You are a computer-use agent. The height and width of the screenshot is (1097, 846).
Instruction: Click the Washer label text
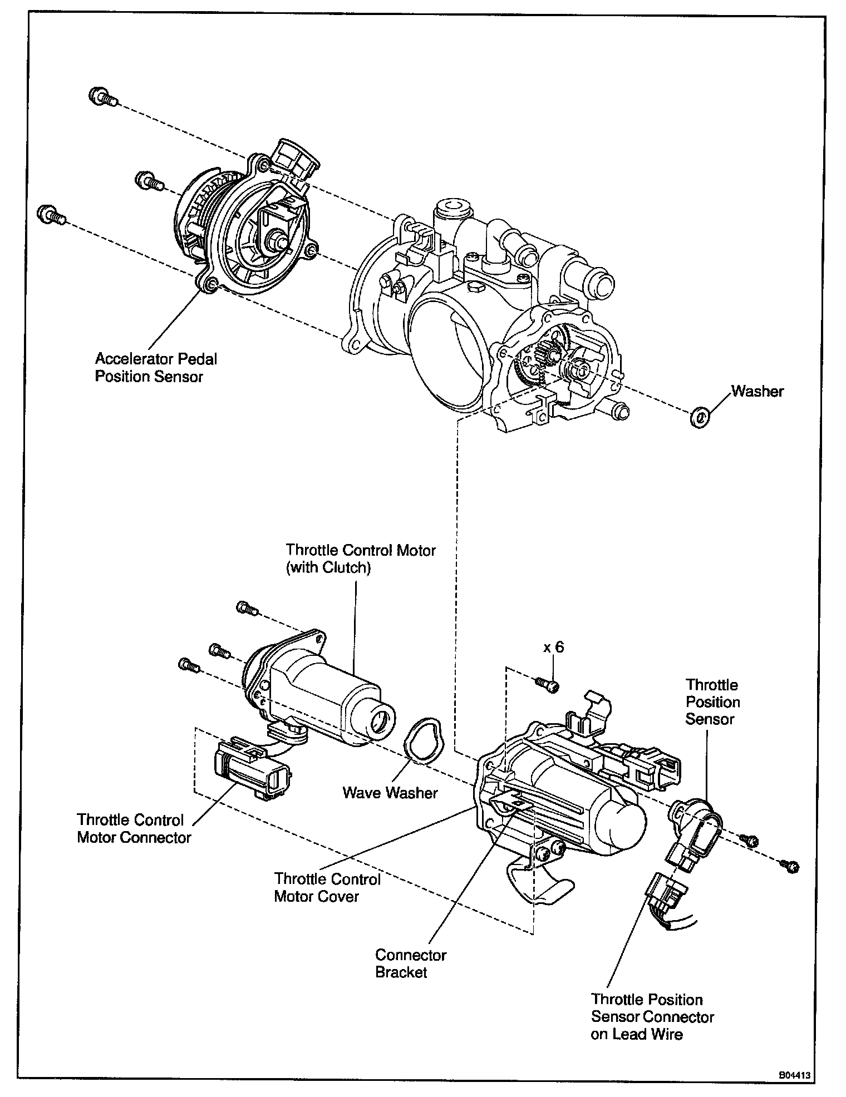click(x=757, y=391)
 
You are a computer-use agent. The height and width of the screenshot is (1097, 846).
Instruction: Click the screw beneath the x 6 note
click(x=548, y=686)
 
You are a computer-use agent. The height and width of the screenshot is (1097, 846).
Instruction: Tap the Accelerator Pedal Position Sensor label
click(x=156, y=367)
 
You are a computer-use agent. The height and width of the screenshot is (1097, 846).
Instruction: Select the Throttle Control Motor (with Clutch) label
click(x=361, y=559)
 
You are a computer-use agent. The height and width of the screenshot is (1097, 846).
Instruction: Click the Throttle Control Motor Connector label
click(x=134, y=828)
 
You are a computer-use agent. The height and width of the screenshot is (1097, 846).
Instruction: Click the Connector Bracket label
click(x=411, y=963)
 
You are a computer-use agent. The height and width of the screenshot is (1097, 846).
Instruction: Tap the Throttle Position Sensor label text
click(x=712, y=701)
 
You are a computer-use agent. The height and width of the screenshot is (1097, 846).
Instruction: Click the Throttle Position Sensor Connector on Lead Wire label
click(x=652, y=1017)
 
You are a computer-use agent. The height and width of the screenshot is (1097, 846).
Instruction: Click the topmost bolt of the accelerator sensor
click(x=101, y=97)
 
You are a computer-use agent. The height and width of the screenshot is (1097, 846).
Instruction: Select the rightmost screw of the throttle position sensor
click(x=790, y=866)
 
